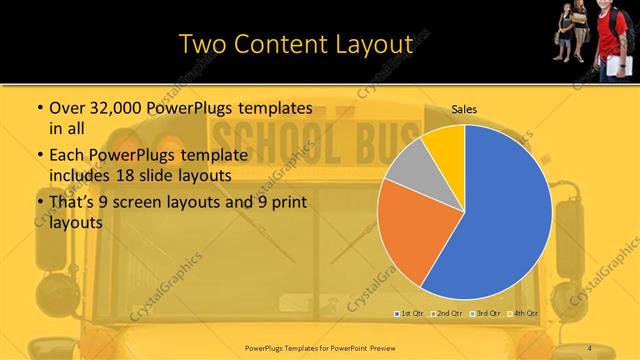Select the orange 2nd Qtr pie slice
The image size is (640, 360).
point(408,235)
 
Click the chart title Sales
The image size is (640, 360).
point(464,108)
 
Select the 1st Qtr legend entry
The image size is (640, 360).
point(409,314)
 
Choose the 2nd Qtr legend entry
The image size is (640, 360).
point(447,314)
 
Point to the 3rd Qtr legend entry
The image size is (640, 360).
point(486,314)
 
